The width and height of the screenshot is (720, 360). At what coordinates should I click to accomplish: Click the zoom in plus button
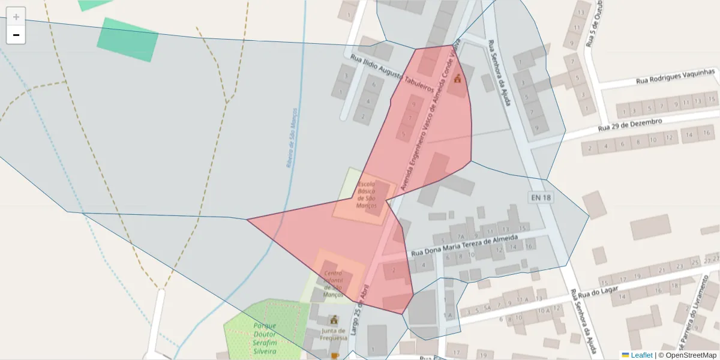pos(16,17)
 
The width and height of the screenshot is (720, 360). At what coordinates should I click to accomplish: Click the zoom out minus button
pos(16,35)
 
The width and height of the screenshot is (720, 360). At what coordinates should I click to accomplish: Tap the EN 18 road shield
pos(540,197)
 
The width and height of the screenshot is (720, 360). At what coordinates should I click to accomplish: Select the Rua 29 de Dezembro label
pos(629,125)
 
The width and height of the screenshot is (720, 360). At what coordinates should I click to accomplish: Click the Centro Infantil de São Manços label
pos(333,283)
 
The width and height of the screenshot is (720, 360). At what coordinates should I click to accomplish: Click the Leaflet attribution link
pos(641,355)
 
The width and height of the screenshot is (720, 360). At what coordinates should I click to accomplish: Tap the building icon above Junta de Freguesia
pos(334,320)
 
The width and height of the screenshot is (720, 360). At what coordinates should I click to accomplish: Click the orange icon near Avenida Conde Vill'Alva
pos(457,78)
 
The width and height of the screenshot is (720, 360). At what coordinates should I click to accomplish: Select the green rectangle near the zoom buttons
pos(128,40)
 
